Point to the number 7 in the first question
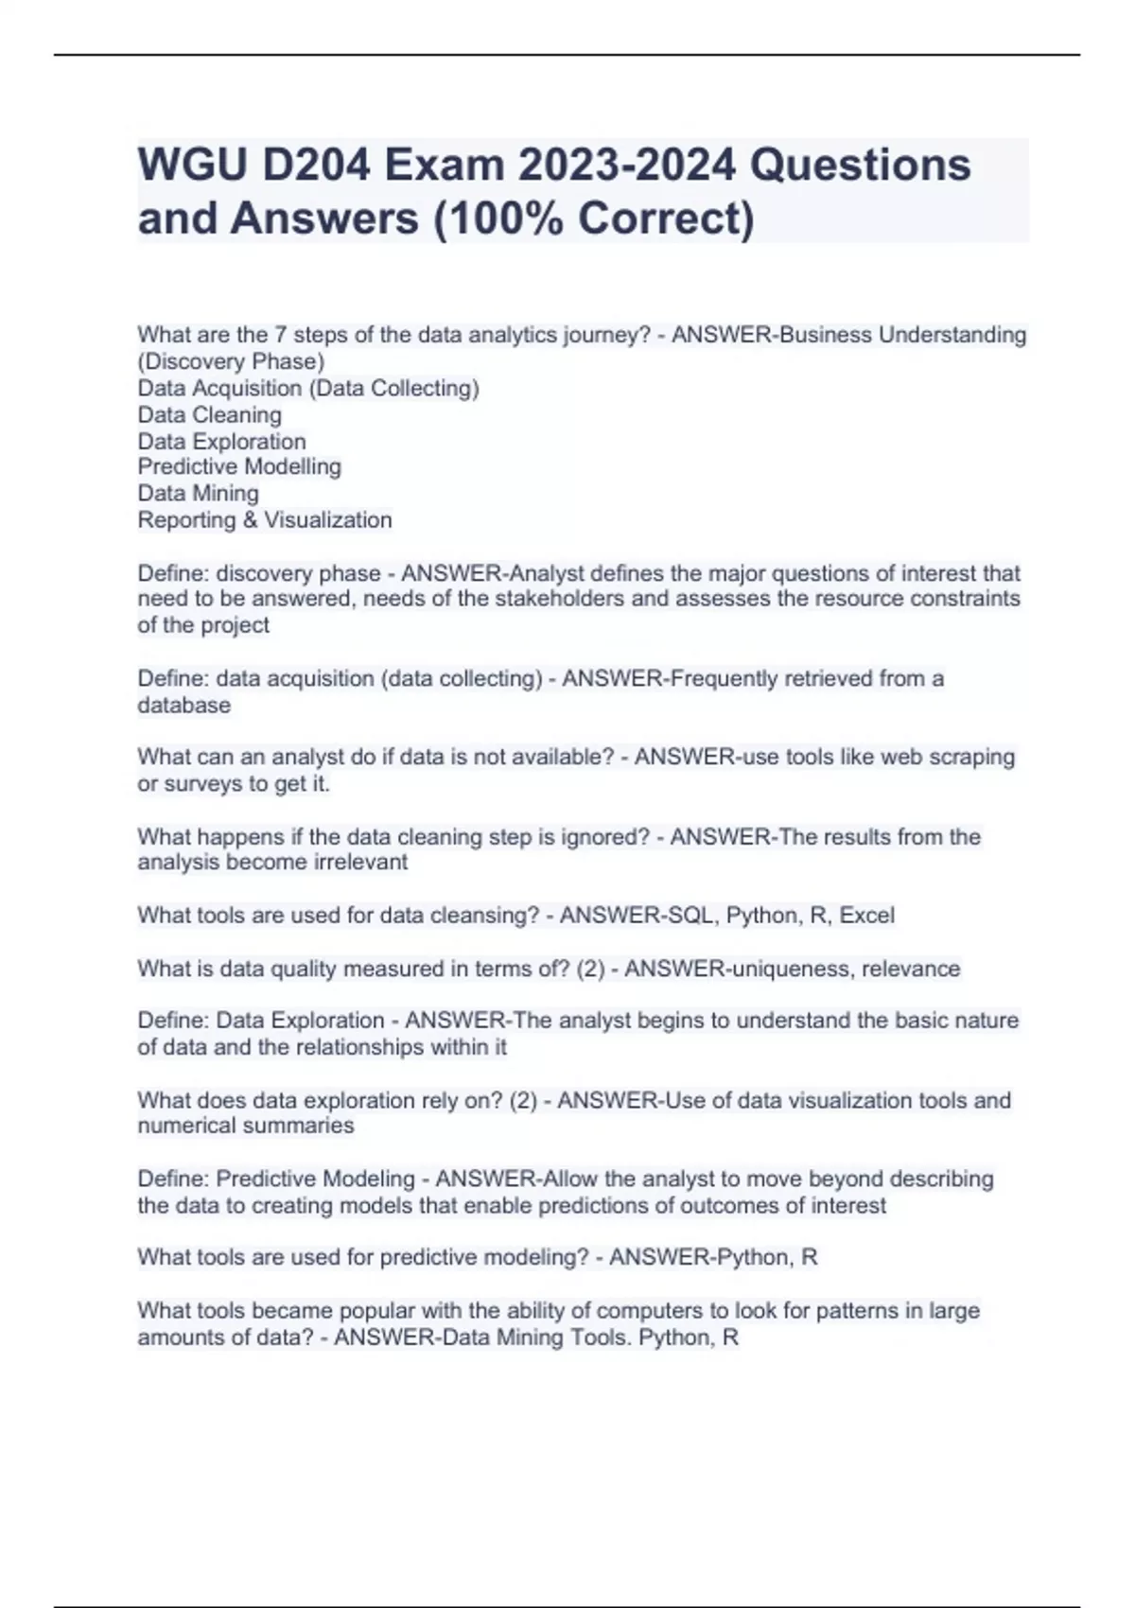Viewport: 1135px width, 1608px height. pos(280,335)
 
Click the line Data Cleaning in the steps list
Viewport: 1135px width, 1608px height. pos(209,414)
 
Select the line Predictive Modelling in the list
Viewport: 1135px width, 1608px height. pos(239,466)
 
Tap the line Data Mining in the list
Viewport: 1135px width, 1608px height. pos(198,493)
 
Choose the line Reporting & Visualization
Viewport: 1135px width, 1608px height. pos(264,519)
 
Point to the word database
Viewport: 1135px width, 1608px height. pos(183,705)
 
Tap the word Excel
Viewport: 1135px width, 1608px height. pos(866,915)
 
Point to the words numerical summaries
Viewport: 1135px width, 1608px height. pos(246,1126)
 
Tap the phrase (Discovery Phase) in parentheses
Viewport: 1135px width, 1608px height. pos(231,361)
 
